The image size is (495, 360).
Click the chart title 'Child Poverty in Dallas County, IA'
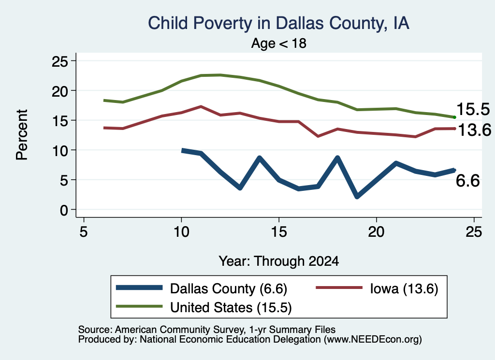click(279, 23)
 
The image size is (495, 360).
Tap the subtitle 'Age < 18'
click(279, 43)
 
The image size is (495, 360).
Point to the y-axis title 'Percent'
click(22, 135)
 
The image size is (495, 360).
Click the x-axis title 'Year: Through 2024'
click(279, 261)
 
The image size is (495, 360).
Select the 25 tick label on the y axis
click(59, 61)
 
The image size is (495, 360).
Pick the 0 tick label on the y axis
click(64, 210)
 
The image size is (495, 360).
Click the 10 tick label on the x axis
click(181, 232)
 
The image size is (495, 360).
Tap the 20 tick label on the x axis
click(376, 232)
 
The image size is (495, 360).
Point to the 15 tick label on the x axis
click(279, 232)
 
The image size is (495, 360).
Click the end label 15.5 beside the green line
click(473, 109)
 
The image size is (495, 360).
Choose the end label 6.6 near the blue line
click(468, 181)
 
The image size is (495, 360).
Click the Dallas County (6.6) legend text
click(229, 288)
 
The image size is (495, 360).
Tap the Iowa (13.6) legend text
click(404, 288)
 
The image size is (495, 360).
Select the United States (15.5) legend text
click(231, 308)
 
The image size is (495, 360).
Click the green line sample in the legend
click(139, 306)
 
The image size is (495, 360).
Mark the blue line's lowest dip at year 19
click(357, 196)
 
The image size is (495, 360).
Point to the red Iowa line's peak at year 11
click(201, 107)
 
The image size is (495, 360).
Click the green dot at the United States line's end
click(454, 117)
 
